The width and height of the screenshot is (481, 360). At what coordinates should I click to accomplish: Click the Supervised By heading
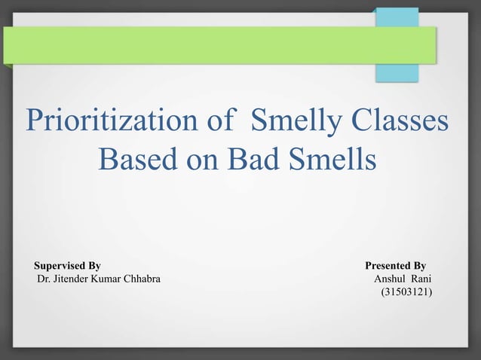[x=67, y=266]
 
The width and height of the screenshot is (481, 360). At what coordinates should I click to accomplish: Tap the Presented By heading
[x=395, y=266]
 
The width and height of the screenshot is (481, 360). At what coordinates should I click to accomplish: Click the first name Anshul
[x=389, y=280]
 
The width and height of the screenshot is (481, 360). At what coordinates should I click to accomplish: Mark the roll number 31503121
[x=407, y=294]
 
